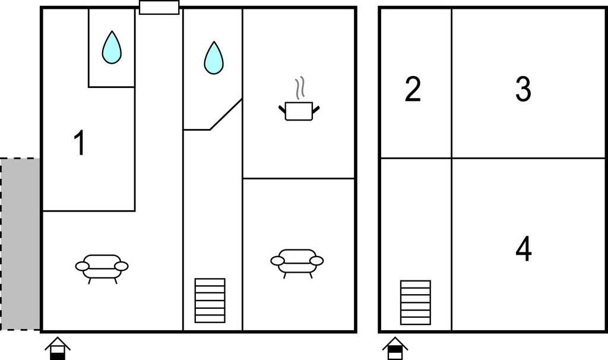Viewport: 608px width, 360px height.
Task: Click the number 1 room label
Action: click(80, 143)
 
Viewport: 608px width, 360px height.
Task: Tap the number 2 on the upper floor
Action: click(413, 89)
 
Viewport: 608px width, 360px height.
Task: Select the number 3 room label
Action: click(523, 89)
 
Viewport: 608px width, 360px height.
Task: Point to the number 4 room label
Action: click(524, 249)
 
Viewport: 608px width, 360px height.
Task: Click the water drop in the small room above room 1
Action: click(112, 48)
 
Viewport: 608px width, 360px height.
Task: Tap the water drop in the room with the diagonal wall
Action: click(214, 58)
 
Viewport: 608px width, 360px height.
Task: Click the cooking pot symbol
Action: click(299, 111)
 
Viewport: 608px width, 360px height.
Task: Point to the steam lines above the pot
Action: click(300, 88)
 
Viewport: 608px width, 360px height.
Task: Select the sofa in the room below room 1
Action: click(102, 269)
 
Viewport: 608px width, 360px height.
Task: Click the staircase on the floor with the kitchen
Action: click(210, 300)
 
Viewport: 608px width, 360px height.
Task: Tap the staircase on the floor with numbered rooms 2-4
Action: click(415, 302)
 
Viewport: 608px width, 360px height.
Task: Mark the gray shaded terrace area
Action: click(20, 244)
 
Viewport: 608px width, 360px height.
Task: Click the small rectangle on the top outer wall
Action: click(159, 7)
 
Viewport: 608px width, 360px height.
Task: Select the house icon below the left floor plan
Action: click(58, 348)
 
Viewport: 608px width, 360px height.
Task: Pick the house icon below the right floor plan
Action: click(395, 348)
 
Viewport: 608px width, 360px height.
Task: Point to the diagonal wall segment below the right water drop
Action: click(226, 114)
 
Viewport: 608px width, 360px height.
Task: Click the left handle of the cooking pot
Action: click(282, 109)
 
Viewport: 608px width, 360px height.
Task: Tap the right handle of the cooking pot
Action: click(316, 109)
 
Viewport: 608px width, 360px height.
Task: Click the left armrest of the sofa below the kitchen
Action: click(277, 261)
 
